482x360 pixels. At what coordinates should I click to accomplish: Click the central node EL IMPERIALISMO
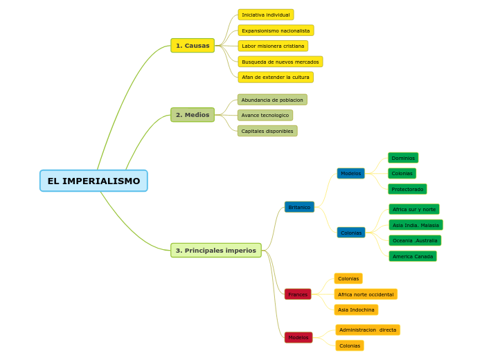(93, 181)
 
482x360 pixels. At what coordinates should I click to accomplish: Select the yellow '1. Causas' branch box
(193, 46)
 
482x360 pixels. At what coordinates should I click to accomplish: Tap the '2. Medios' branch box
(193, 115)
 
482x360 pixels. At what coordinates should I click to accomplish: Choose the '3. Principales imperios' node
(216, 251)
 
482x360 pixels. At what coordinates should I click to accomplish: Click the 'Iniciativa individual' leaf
(266, 15)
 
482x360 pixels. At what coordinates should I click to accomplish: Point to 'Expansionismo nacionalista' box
(276, 30)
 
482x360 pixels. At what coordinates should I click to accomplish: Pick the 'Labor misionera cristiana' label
(273, 46)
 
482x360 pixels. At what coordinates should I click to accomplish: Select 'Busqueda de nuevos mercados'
(280, 62)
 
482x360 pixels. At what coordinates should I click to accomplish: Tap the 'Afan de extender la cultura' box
(276, 78)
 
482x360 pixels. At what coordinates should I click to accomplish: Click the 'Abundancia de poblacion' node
(272, 100)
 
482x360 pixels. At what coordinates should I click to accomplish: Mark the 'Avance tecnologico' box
(265, 115)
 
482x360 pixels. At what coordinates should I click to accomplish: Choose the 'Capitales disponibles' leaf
(267, 131)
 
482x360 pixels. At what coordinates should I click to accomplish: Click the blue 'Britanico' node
(299, 207)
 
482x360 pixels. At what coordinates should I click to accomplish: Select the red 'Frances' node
(298, 294)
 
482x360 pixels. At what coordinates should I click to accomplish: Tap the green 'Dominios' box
(403, 158)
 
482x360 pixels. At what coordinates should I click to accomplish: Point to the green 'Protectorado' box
(407, 189)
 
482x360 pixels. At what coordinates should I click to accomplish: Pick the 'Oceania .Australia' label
(415, 241)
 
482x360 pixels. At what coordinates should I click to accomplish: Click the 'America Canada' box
(413, 256)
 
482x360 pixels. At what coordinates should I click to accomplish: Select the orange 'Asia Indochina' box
(356, 310)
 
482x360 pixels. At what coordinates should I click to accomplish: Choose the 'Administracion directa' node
(368, 330)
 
